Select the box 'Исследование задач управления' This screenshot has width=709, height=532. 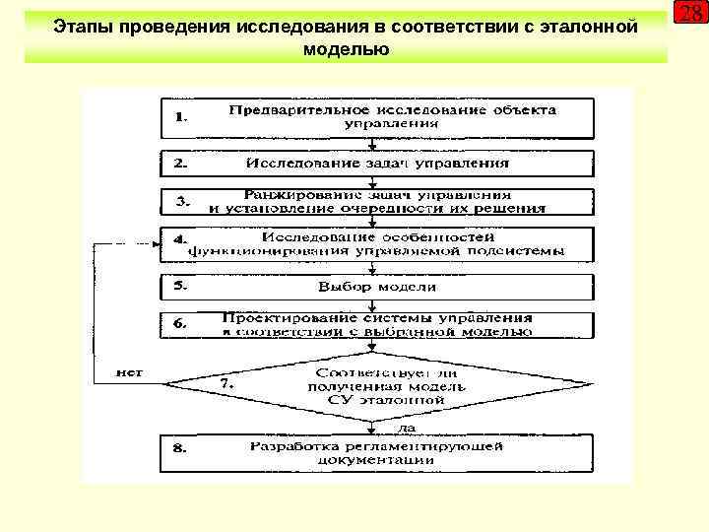(377, 163)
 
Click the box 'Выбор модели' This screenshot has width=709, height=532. (377, 287)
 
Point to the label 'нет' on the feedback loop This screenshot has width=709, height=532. (130, 372)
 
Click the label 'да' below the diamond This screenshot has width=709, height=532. (405, 429)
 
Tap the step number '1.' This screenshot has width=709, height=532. (181, 116)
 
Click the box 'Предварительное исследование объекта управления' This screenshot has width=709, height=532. (377, 117)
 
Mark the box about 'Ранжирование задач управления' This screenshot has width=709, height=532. (377, 202)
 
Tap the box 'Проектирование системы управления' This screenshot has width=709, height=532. (377, 325)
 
